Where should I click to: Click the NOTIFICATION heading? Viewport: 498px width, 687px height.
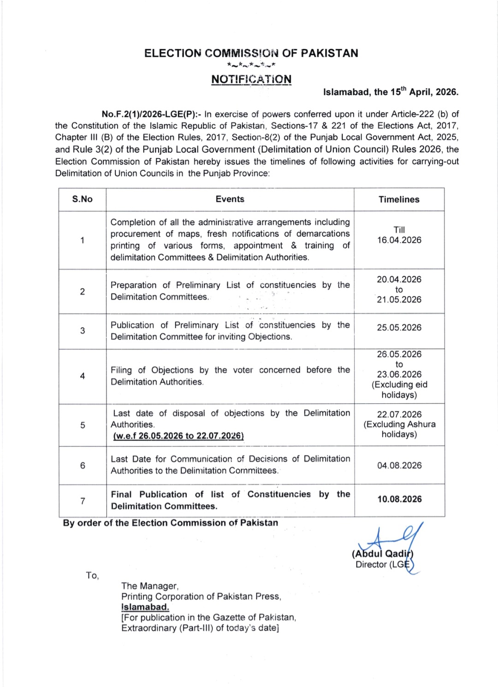[x=251, y=79]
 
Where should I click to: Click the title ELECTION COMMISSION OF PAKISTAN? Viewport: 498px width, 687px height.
[x=251, y=53]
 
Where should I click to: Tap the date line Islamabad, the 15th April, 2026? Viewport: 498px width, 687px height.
[x=391, y=92]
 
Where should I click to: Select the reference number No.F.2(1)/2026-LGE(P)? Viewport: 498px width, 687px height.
[x=151, y=114]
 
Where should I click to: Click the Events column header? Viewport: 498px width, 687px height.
[x=230, y=199]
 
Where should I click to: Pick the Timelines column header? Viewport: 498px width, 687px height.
[x=399, y=199]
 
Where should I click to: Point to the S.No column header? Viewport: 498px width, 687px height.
[x=82, y=199]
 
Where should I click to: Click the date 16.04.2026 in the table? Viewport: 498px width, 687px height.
[x=399, y=240]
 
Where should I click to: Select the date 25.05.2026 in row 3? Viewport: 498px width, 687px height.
[x=399, y=328]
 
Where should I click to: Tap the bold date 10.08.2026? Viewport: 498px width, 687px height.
[x=399, y=499]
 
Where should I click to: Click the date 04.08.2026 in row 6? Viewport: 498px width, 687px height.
[x=399, y=466]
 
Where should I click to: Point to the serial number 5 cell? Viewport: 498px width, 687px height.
[x=83, y=425]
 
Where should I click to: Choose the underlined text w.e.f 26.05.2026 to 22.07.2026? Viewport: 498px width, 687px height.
[x=178, y=436]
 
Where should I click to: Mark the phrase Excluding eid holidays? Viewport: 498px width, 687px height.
[x=399, y=390]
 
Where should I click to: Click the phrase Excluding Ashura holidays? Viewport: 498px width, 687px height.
[x=399, y=429]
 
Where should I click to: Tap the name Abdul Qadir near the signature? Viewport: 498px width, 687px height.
[x=382, y=554]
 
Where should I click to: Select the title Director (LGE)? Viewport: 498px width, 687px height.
[x=382, y=565]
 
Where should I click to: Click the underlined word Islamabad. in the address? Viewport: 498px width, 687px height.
[x=145, y=607]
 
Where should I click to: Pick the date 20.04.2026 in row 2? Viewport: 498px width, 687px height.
[x=399, y=280]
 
